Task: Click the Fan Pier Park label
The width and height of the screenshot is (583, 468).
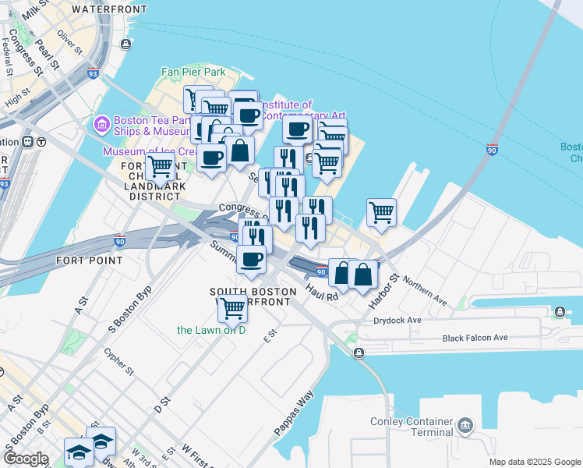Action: (x=193, y=73)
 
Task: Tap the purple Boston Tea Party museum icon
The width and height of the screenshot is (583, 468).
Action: (x=101, y=124)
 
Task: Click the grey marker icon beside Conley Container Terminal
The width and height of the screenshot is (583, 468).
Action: (x=465, y=425)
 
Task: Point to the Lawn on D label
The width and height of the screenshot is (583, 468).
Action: (x=210, y=330)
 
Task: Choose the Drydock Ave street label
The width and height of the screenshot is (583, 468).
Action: (x=397, y=320)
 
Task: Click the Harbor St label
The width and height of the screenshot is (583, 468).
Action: (x=385, y=289)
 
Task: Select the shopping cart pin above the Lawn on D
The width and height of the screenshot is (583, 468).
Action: (x=232, y=309)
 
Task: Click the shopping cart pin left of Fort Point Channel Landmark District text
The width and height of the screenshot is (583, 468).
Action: (x=160, y=166)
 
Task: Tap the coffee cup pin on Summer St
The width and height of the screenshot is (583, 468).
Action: (x=250, y=260)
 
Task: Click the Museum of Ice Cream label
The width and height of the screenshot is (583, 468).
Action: (x=148, y=151)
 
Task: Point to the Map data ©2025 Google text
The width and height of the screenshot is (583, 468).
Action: (x=534, y=462)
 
